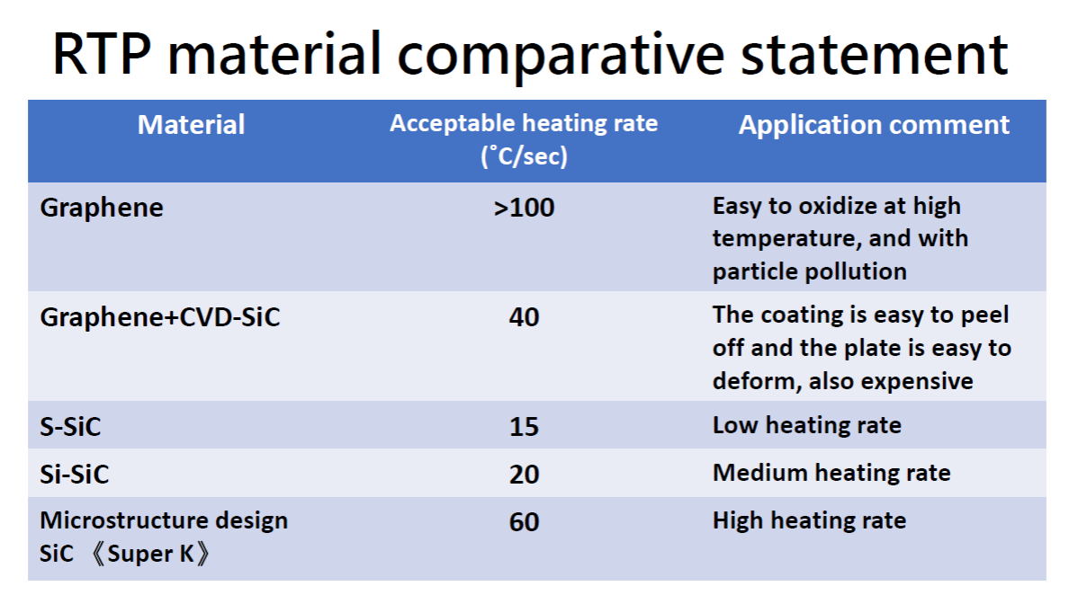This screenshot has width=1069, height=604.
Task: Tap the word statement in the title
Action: coord(875,55)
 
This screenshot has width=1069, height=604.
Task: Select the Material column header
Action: coord(191,125)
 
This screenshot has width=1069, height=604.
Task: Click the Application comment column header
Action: coord(874,125)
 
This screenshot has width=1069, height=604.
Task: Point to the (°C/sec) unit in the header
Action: coord(524,155)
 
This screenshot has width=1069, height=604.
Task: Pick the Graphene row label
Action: coord(102,208)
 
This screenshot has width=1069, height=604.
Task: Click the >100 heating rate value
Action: coord(524,208)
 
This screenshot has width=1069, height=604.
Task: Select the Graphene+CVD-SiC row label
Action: coord(159,317)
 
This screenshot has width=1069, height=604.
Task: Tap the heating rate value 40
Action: coord(524,317)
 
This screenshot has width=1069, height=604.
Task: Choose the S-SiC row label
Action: coord(70,427)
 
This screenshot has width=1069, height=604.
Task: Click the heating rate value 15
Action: coord(524,427)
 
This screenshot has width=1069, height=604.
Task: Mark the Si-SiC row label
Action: coord(75,475)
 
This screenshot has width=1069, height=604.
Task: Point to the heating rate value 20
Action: coord(524,475)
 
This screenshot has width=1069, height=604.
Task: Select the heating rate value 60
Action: coord(524,522)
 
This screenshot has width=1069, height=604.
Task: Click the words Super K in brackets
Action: coord(150,554)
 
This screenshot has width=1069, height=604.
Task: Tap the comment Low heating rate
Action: coord(806,426)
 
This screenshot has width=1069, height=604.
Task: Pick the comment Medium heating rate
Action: coord(831,474)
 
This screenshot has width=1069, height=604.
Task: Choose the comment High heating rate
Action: coord(809,521)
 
